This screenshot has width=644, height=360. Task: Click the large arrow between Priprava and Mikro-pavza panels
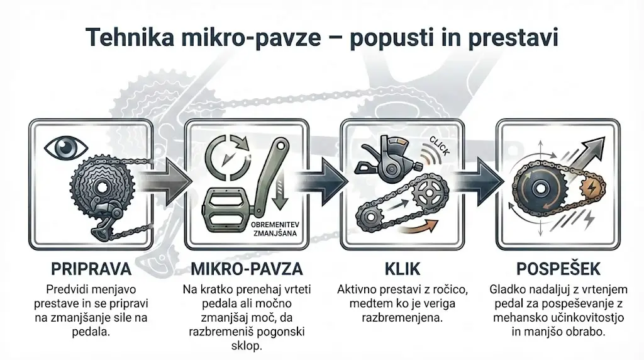(x=171, y=183)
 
